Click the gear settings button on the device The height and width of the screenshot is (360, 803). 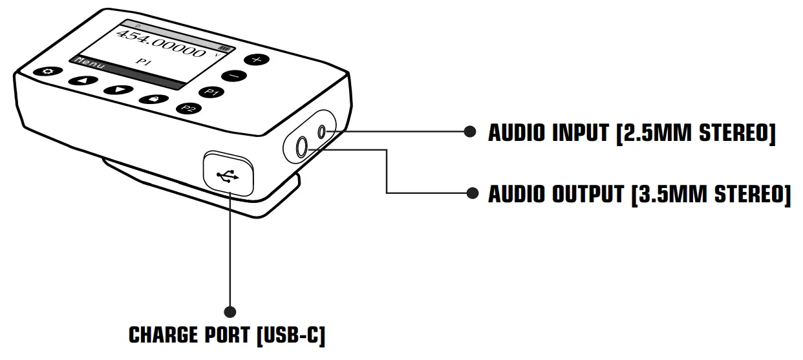pyautogui.click(x=47, y=72)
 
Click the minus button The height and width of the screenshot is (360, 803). pyautogui.click(x=234, y=76)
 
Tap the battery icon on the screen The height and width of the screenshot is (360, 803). pyautogui.click(x=225, y=48)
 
